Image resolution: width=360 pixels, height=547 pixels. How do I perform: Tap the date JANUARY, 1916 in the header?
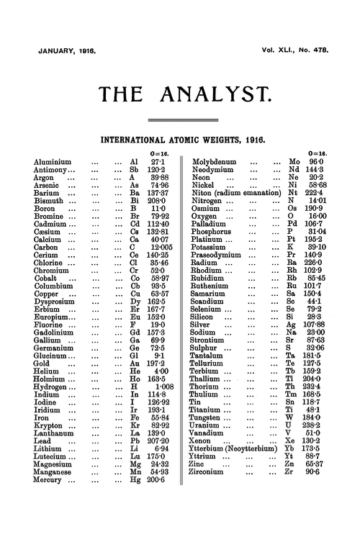coord(66,53)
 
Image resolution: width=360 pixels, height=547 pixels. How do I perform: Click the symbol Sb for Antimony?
coord(132,173)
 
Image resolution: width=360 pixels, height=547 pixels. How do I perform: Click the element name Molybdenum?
coord(222,163)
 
